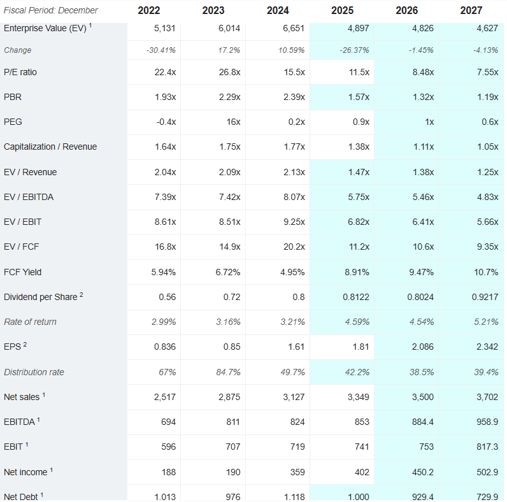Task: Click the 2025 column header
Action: (x=342, y=10)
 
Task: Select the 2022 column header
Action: (x=148, y=10)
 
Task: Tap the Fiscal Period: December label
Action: (x=51, y=10)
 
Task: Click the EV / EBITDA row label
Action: (x=29, y=197)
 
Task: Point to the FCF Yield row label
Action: (x=22, y=272)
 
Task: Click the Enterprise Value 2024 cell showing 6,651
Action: (x=292, y=28)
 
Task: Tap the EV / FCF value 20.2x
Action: (x=294, y=247)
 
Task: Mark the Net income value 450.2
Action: (x=422, y=472)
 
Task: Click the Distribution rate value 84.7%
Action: (x=228, y=372)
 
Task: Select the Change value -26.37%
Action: (x=355, y=50)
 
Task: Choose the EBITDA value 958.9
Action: (x=486, y=422)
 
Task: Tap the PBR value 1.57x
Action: (x=357, y=97)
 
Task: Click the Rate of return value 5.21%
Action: (x=485, y=322)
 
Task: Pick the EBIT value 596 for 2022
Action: (x=168, y=447)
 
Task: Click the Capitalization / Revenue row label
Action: (x=50, y=147)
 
